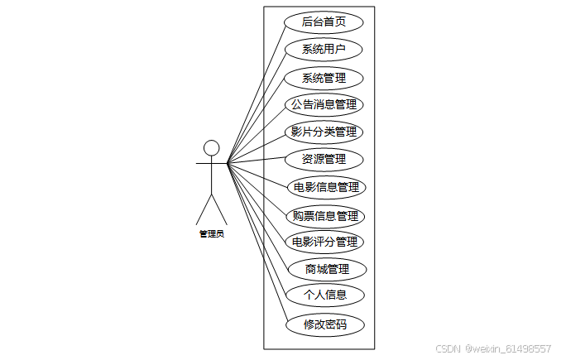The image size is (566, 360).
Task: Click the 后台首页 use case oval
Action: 324,22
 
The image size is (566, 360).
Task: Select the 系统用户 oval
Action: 324,50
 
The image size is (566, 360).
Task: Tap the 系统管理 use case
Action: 324,79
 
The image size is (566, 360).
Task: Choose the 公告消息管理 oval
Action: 324,105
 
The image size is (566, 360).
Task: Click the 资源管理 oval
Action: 324,159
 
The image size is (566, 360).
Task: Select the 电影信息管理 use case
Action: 325,187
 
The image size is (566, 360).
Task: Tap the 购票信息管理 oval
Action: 325,216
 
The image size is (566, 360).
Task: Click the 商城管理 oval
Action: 327,269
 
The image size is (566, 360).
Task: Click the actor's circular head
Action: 212,147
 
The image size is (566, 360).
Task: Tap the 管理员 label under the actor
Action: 212,234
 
